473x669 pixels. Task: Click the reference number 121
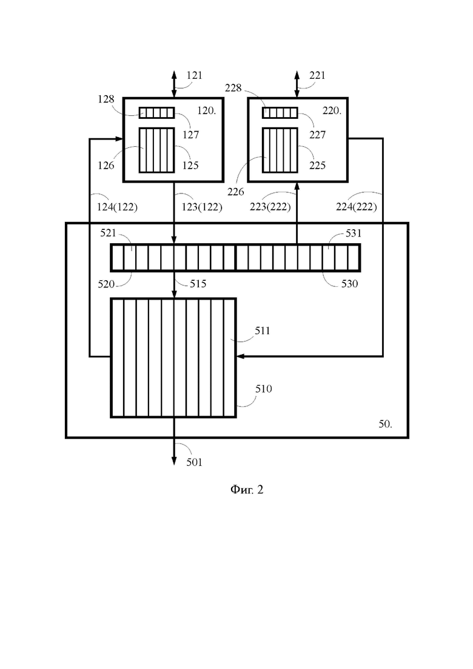(194, 76)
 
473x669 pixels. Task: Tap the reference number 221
(317, 76)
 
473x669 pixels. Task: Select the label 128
(106, 99)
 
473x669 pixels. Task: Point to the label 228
(233, 89)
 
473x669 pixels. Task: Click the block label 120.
(206, 111)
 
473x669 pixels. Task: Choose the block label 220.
(332, 111)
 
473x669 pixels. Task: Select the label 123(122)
(202, 207)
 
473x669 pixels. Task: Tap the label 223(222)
(270, 207)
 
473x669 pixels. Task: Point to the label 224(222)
(357, 207)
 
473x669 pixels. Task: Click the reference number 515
(198, 284)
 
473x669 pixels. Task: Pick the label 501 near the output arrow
(194, 463)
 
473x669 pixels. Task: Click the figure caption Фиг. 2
(247, 490)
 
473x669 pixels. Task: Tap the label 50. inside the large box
(385, 425)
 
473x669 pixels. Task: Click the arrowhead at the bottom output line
(174, 461)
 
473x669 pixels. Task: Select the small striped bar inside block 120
(156, 113)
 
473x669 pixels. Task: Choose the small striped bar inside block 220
(280, 113)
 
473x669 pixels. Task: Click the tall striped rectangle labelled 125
(156, 150)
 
